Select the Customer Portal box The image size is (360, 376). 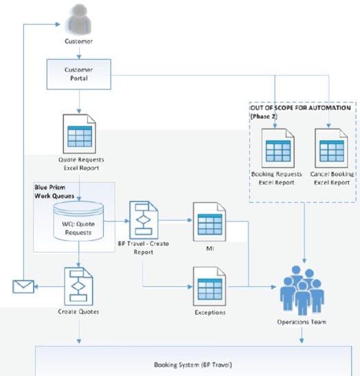tap(80, 74)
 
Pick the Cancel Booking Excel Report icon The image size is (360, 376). tap(331, 144)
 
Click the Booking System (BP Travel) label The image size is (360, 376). tap(180, 364)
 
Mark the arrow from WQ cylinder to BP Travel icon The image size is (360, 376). tap(121, 221)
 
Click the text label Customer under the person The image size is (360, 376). tap(80, 43)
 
